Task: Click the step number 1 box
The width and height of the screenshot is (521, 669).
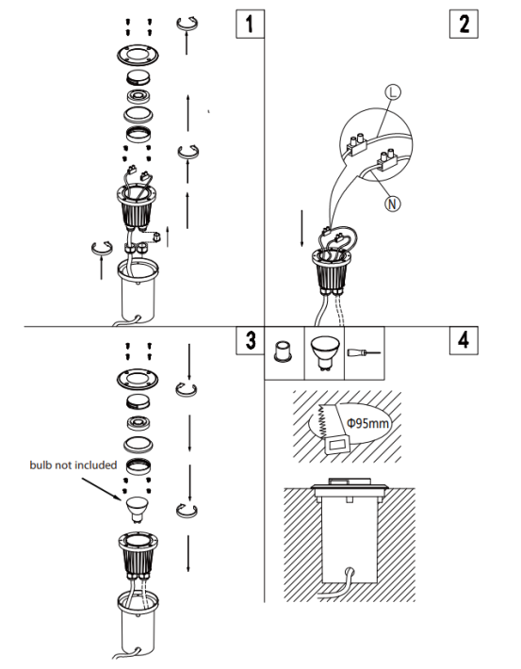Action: [250, 24]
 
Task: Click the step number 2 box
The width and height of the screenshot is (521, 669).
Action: [464, 24]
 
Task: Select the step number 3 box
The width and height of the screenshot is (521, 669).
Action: [250, 340]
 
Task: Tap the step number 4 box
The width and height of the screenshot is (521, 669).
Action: [464, 340]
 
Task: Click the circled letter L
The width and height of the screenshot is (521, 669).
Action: [393, 92]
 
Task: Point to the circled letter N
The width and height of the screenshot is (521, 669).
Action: [393, 204]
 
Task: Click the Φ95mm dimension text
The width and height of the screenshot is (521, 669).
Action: [367, 424]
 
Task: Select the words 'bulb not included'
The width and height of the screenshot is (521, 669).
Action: [73, 465]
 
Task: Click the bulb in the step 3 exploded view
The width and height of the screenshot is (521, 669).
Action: [138, 510]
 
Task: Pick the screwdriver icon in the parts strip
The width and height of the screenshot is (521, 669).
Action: [364, 352]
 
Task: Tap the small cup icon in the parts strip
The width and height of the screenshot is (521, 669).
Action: [283, 351]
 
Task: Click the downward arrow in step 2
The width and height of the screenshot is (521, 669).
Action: [302, 228]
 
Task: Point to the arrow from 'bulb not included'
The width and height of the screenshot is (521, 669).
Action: [102, 489]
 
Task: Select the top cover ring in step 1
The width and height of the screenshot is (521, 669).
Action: [138, 55]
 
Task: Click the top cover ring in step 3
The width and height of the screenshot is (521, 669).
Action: [138, 380]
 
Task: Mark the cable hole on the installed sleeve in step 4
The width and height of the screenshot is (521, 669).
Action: [349, 571]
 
